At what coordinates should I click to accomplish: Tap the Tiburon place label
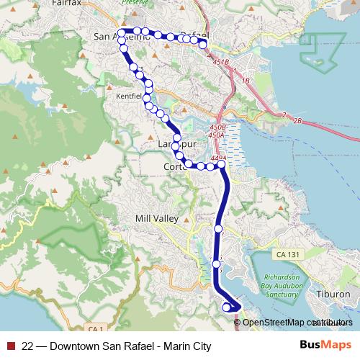(x=333, y=294)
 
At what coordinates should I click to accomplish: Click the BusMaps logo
(x=325, y=346)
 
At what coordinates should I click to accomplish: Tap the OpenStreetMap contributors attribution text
(x=297, y=323)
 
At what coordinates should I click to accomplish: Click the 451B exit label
(x=220, y=63)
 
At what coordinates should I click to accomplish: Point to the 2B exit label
(x=297, y=120)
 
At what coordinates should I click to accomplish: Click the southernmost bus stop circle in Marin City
(x=228, y=307)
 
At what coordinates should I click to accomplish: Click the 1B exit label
(x=246, y=81)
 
